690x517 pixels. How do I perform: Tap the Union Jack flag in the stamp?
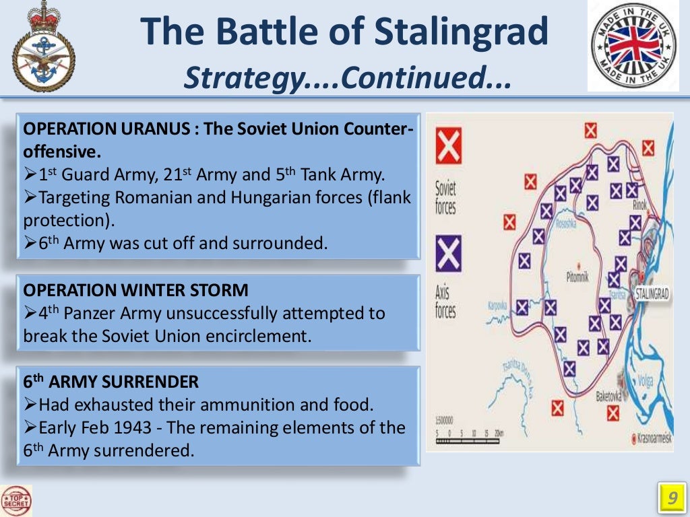pos(633,46)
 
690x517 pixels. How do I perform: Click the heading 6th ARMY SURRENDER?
pos(111,382)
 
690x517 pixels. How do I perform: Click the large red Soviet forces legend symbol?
pos(447,147)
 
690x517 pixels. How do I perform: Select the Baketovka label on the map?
pos(608,397)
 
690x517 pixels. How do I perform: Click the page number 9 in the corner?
pos(670,499)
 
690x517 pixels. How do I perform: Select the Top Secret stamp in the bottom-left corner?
pos(17,501)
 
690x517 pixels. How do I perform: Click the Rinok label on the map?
pos(639,205)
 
